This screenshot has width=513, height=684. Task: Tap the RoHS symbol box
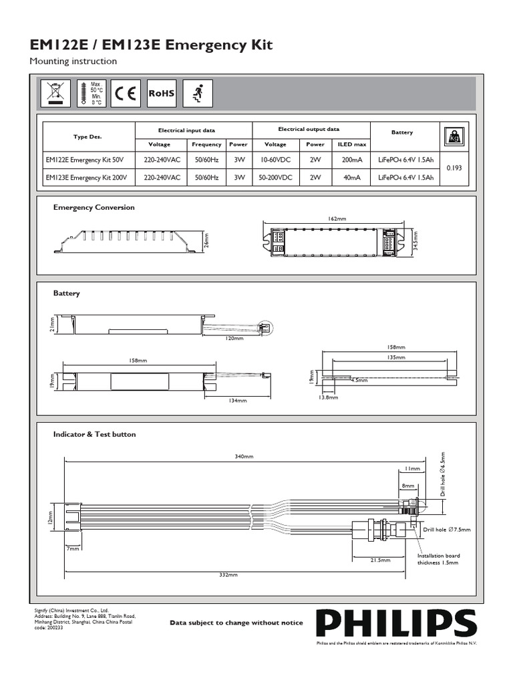pyautogui.click(x=162, y=94)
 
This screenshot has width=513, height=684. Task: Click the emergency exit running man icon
pyautogui.click(x=197, y=94)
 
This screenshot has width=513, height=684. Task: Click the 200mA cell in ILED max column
pyautogui.click(x=353, y=161)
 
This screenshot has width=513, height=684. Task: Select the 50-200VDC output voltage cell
pyautogui.click(x=275, y=178)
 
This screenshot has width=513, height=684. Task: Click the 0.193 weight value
pyautogui.click(x=454, y=169)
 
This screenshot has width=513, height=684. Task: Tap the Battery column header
pyautogui.click(x=402, y=133)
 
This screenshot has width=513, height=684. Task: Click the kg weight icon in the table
pyautogui.click(x=454, y=137)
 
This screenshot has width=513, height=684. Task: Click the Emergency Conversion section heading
pyautogui.click(x=94, y=207)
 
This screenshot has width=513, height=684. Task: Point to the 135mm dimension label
pyautogui.click(x=395, y=357)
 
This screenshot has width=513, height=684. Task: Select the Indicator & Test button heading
pyautogui.click(x=94, y=434)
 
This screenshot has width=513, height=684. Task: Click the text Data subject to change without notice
pyautogui.click(x=236, y=623)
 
